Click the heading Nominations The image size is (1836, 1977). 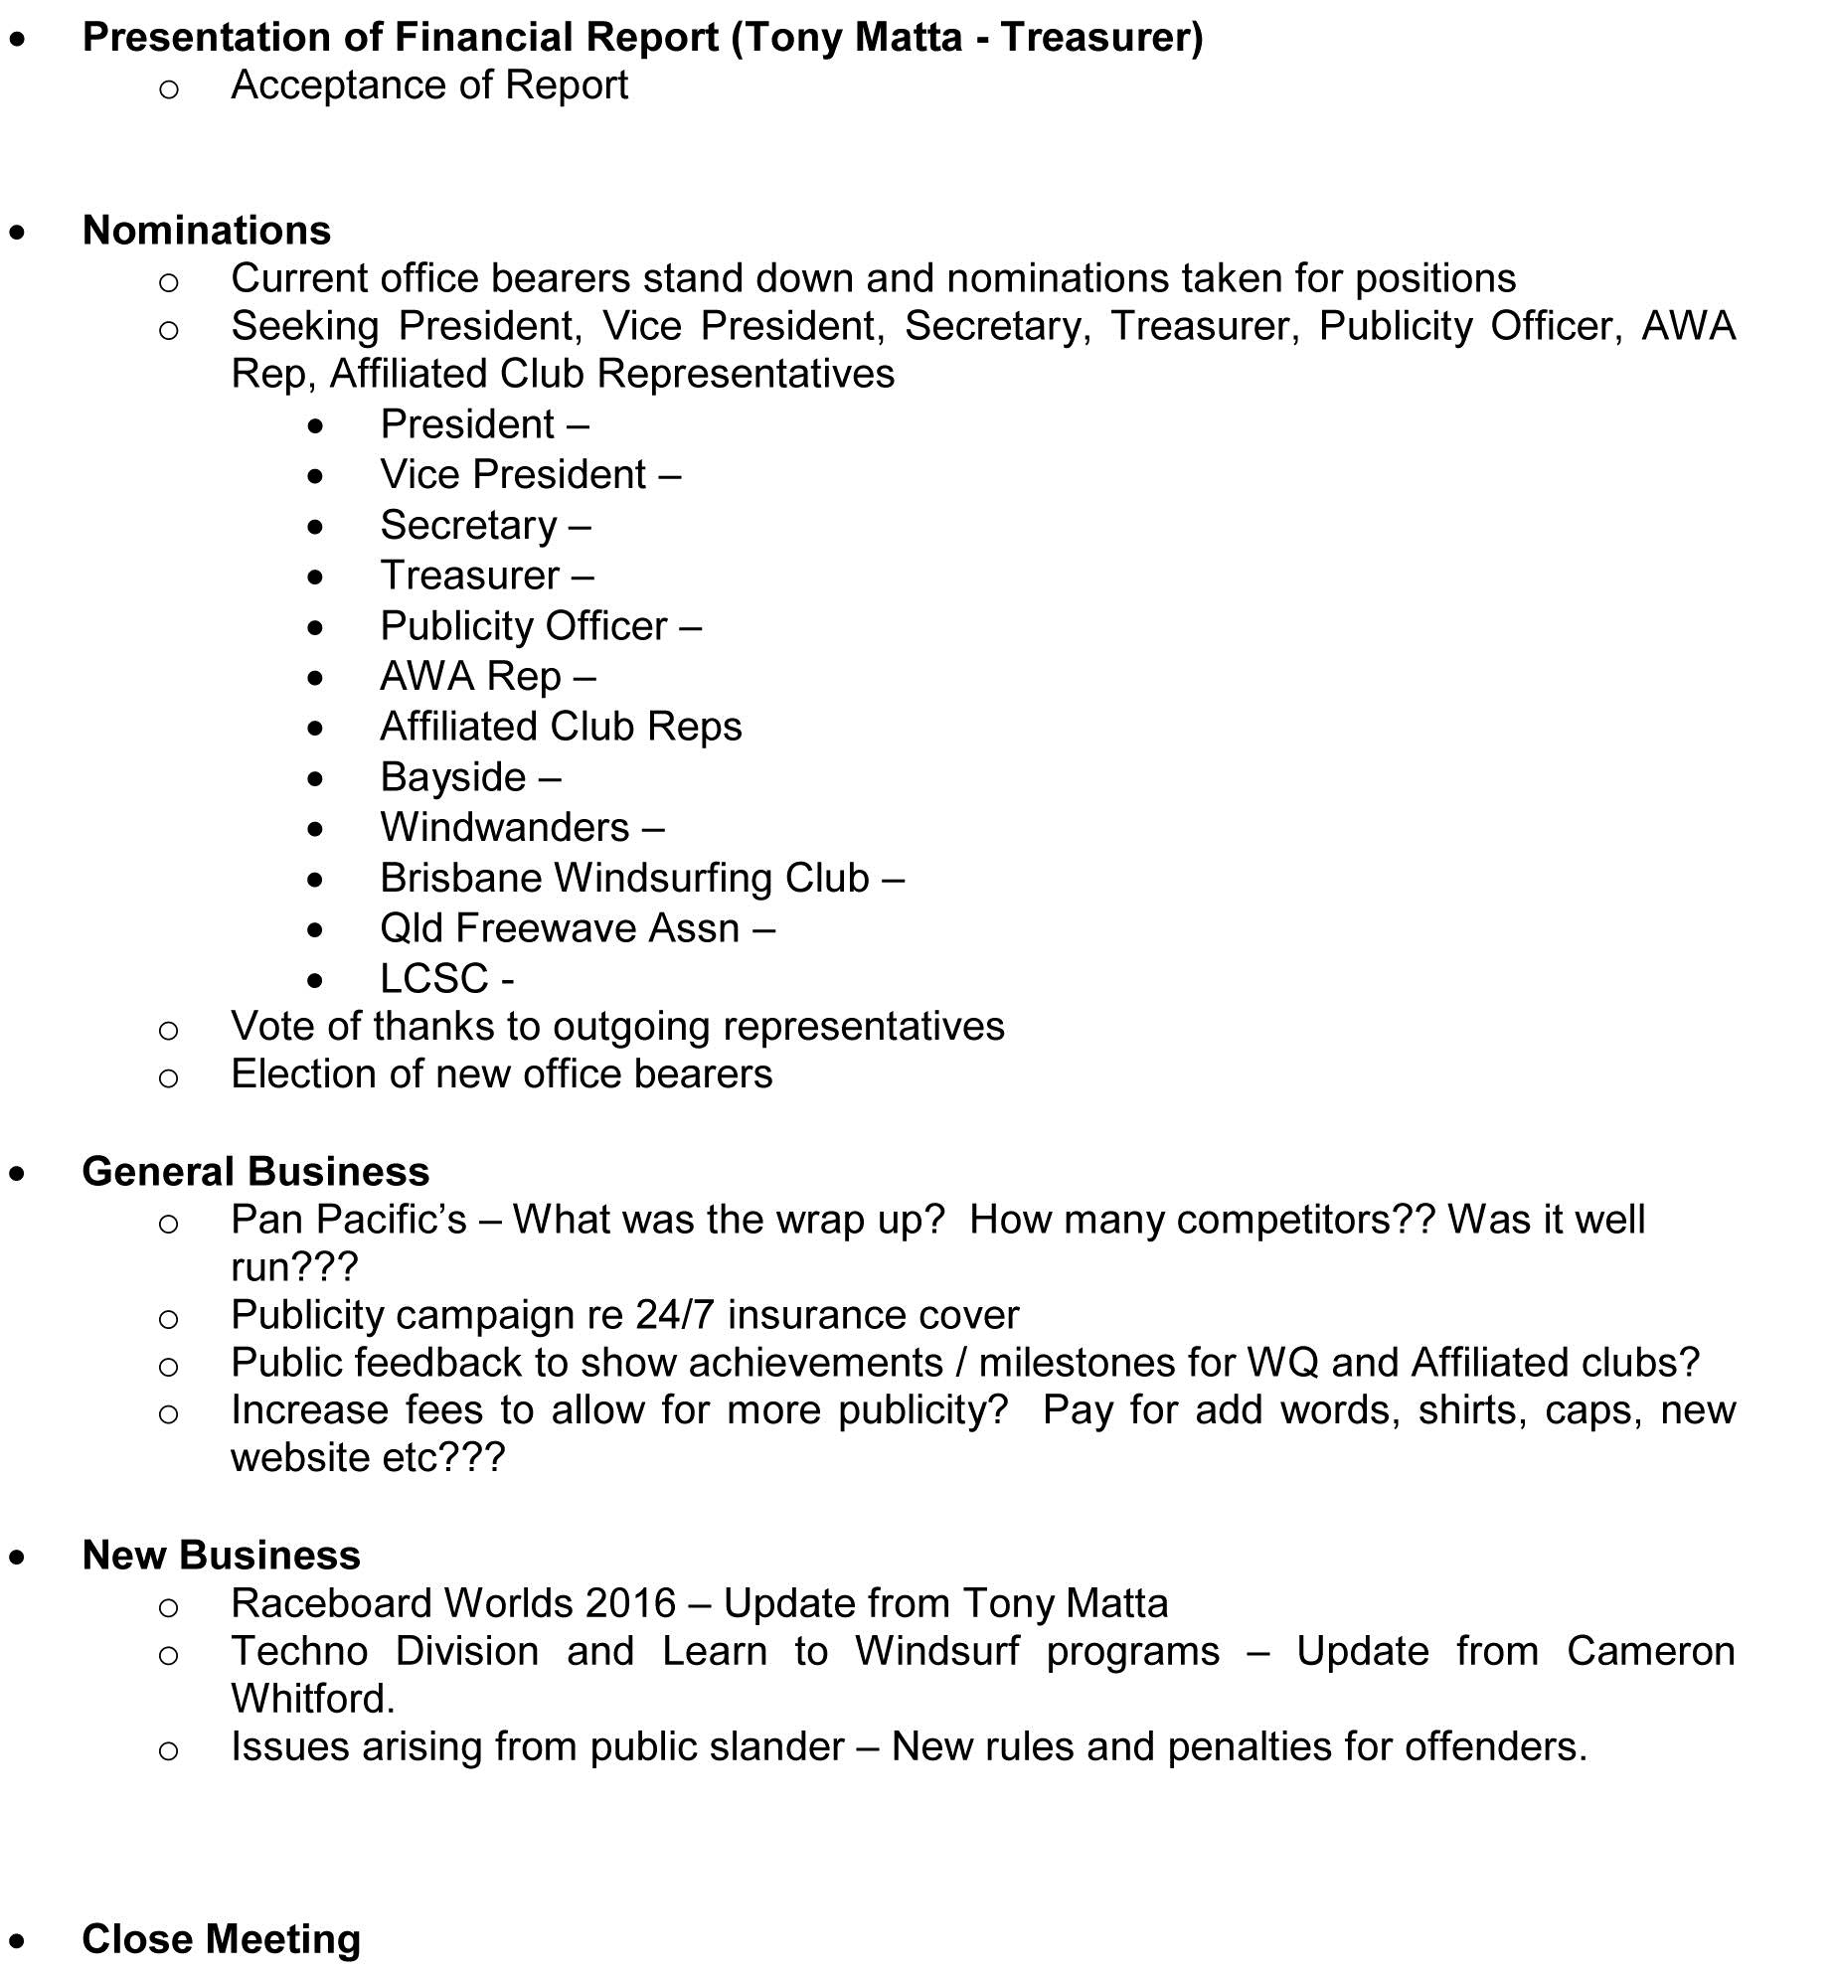point(206,230)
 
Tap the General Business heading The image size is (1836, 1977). point(255,1171)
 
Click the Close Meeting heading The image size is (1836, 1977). point(221,1938)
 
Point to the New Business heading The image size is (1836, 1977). point(221,1555)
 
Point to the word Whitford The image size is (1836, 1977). point(312,1699)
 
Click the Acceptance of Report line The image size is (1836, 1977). point(428,85)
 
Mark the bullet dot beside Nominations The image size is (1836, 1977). point(18,233)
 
